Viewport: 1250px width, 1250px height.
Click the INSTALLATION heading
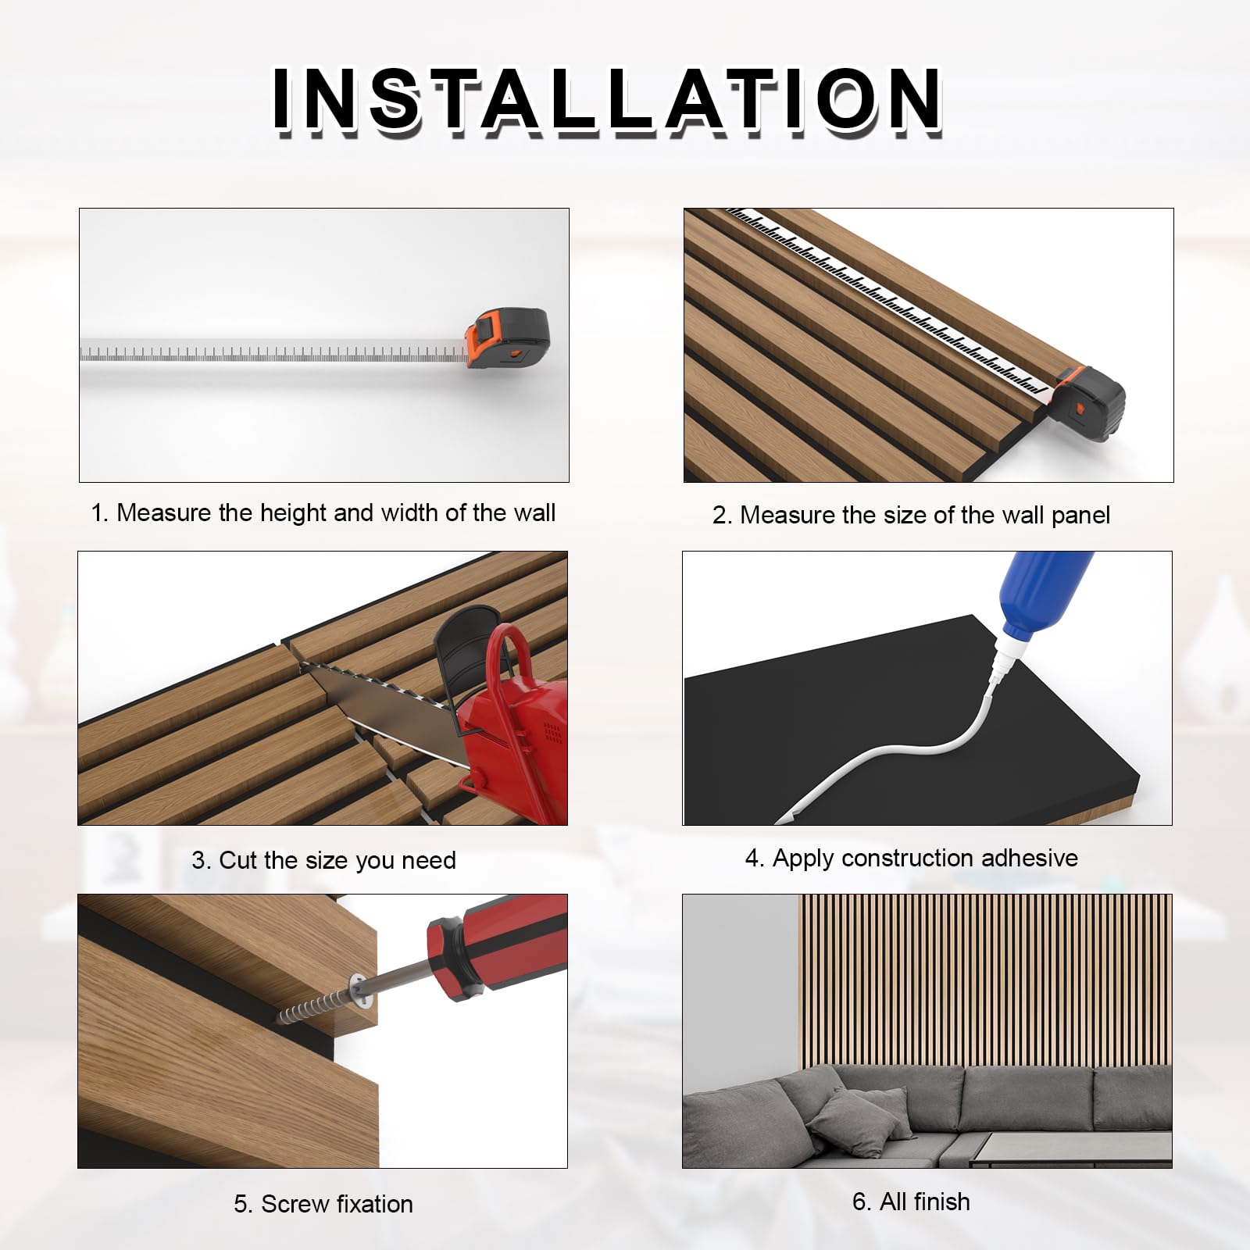click(607, 99)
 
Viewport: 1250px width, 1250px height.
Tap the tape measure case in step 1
click(509, 338)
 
